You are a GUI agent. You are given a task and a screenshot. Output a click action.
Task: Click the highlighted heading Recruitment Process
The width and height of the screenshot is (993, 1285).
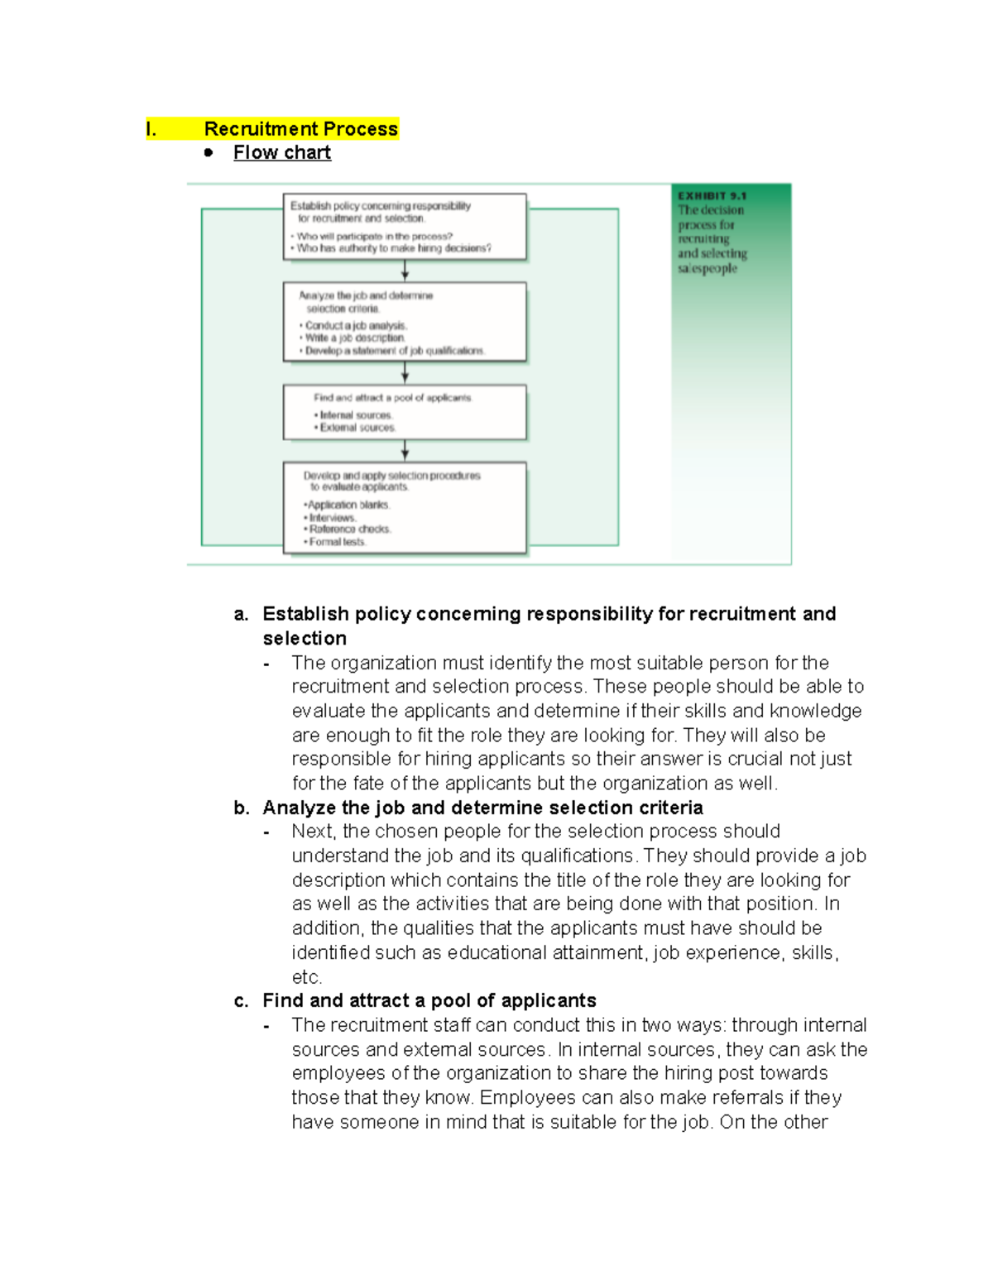tap(300, 129)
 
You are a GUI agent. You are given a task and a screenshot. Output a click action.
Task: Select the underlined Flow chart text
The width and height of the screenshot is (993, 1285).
tap(281, 153)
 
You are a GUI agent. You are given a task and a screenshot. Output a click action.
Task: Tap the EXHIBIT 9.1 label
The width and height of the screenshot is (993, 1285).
tap(712, 196)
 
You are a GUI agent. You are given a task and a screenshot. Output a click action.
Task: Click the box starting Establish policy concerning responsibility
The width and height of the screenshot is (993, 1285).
tap(405, 227)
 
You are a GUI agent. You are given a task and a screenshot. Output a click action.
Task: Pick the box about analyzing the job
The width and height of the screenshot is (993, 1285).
tap(405, 322)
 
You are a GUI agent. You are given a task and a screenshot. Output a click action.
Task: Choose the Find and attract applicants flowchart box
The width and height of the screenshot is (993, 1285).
tap(405, 412)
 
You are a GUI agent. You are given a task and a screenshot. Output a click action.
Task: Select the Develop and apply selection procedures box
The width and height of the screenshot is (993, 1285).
tap(405, 507)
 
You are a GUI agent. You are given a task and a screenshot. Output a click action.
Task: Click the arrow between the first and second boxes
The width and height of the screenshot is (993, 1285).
tap(405, 271)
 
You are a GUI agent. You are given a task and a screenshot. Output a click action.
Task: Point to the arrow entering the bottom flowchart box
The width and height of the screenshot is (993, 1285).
tap(405, 451)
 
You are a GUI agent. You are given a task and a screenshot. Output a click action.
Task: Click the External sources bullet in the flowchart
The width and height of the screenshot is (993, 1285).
tap(357, 428)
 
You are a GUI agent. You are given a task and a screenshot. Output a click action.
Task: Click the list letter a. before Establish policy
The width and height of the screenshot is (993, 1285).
tap(241, 614)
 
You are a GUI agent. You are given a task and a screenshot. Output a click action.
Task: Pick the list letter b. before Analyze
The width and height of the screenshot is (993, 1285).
tap(241, 808)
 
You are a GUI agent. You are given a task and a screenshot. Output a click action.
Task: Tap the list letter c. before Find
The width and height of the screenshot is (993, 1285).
tap(241, 1001)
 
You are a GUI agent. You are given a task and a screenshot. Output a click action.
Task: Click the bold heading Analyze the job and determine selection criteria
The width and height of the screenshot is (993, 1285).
tap(482, 808)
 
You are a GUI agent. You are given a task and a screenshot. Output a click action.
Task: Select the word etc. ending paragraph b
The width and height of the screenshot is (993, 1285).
tap(306, 977)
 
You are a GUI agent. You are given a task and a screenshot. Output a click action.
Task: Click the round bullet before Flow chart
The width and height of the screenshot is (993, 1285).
tap(209, 153)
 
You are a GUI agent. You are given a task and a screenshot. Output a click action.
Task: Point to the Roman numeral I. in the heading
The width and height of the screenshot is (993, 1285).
tap(151, 129)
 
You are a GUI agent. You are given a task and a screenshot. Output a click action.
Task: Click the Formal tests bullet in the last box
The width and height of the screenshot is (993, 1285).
tap(336, 542)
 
